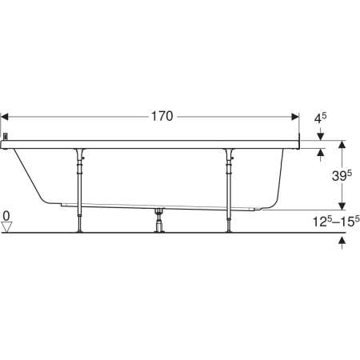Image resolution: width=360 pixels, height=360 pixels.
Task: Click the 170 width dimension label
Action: coord(162,117)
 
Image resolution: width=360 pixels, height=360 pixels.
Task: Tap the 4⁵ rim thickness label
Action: coord(320,118)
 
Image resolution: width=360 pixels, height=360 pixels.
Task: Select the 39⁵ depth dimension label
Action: coord(342,175)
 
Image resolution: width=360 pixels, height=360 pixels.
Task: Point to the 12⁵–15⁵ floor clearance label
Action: coord(336,222)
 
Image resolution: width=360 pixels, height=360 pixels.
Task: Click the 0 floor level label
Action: coord(6,215)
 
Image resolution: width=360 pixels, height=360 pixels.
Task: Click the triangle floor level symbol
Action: coord(6,227)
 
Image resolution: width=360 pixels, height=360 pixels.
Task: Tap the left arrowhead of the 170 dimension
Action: coord(5,117)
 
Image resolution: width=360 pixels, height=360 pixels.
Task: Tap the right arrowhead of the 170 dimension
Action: coord(295,117)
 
